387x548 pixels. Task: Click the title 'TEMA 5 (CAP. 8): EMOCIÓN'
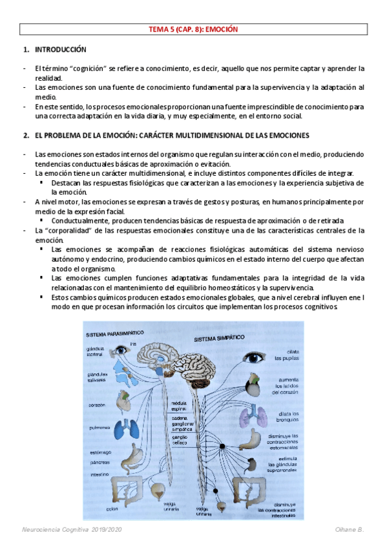coord(194,29)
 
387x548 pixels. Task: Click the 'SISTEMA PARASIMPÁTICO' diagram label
coord(116,334)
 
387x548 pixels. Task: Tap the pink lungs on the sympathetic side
coord(249,417)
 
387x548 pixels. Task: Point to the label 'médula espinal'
coord(178,405)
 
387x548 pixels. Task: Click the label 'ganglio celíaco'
coord(178,439)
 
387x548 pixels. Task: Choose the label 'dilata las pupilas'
coord(285,354)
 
